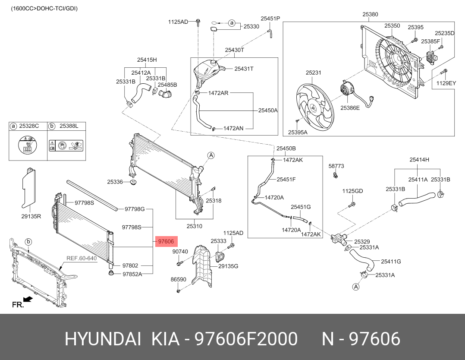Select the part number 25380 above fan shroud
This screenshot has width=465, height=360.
point(370,14)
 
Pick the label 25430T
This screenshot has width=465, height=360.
point(234,50)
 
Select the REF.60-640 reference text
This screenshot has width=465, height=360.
point(81,259)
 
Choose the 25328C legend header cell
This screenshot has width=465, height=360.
point(28,126)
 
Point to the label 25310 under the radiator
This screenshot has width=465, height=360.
point(194,226)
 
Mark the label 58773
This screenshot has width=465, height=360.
point(336,165)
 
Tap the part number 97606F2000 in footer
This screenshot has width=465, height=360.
point(246,339)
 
